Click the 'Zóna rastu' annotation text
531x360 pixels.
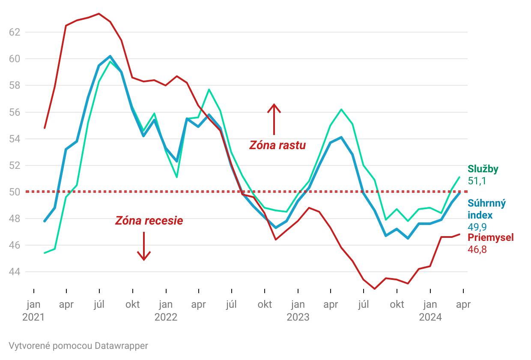[x=277, y=145]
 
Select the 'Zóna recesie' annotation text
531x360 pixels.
[x=149, y=221]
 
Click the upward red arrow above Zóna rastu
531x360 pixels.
[x=274, y=119]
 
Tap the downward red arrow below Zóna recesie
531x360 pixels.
[x=144, y=246]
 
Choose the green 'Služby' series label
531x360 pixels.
[x=483, y=169]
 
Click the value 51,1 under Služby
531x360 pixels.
[x=477, y=181]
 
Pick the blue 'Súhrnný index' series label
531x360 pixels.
[x=486, y=209]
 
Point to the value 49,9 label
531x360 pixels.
[x=477, y=227]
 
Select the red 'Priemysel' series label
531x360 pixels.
[x=490, y=237]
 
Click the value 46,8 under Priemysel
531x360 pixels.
[x=477, y=249]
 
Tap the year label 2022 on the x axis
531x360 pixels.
[x=166, y=318]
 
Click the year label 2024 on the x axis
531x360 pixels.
[x=430, y=318]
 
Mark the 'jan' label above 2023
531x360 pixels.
[x=298, y=305]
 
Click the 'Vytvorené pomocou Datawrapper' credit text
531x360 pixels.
[x=78, y=346]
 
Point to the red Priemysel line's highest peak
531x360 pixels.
[x=99, y=14]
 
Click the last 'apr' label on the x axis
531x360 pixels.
[x=463, y=305]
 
